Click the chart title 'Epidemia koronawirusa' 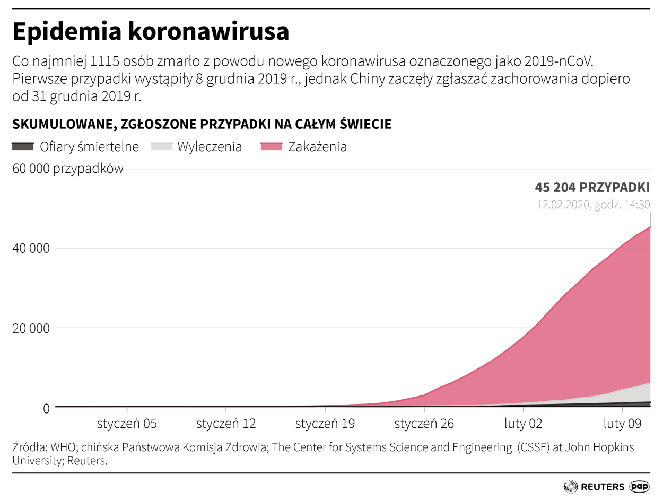(151, 32)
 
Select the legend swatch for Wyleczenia (162, 146)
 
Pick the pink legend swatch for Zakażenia (272, 146)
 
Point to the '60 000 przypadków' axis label (68, 169)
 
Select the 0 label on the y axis (46, 408)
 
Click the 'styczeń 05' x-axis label (127, 424)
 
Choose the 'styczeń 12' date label (226, 424)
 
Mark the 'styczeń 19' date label (325, 424)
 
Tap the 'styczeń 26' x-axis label (424, 424)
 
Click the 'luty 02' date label (523, 424)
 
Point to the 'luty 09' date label (622, 424)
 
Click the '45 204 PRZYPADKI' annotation (592, 187)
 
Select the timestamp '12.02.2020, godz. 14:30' (594, 205)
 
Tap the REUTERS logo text (603, 486)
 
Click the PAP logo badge (640, 486)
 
